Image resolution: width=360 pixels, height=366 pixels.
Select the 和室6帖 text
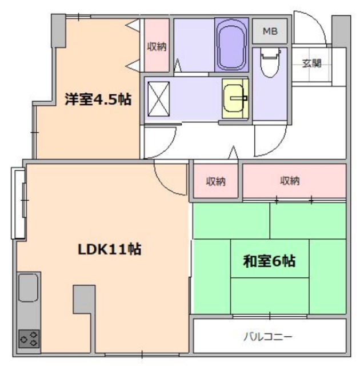[269, 262]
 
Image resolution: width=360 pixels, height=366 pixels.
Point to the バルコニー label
[269, 336]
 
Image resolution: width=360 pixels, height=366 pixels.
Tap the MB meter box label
[269, 31]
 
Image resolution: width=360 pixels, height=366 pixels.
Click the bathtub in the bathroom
[231, 44]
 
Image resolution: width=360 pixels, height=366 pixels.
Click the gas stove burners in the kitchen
[29, 337]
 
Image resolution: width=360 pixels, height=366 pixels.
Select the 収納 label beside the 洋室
[156, 46]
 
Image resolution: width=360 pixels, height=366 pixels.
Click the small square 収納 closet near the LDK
[215, 182]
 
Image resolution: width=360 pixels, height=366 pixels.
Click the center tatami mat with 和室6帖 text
[269, 262]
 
